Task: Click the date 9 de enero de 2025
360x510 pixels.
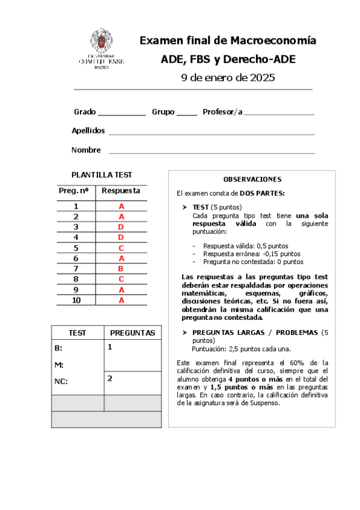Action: (x=228, y=78)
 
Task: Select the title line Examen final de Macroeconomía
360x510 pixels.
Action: (x=228, y=41)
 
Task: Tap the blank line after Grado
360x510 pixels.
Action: (x=121, y=114)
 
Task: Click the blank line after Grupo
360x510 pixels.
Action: (x=187, y=114)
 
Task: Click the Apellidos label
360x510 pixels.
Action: (x=88, y=131)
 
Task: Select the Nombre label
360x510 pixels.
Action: (x=86, y=150)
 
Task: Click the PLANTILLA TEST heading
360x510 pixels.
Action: (x=102, y=175)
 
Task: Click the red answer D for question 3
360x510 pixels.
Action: (x=121, y=227)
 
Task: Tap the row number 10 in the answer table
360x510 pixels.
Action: (x=76, y=300)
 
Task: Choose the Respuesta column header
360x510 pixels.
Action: (x=121, y=191)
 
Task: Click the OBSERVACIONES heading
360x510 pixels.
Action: (x=252, y=179)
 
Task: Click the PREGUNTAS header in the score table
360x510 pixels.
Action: (x=133, y=333)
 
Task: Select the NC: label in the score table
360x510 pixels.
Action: (x=61, y=381)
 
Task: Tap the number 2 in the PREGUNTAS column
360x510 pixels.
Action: (x=110, y=378)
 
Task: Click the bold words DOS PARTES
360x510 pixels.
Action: (x=262, y=193)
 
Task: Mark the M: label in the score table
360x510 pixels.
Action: (x=59, y=364)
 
